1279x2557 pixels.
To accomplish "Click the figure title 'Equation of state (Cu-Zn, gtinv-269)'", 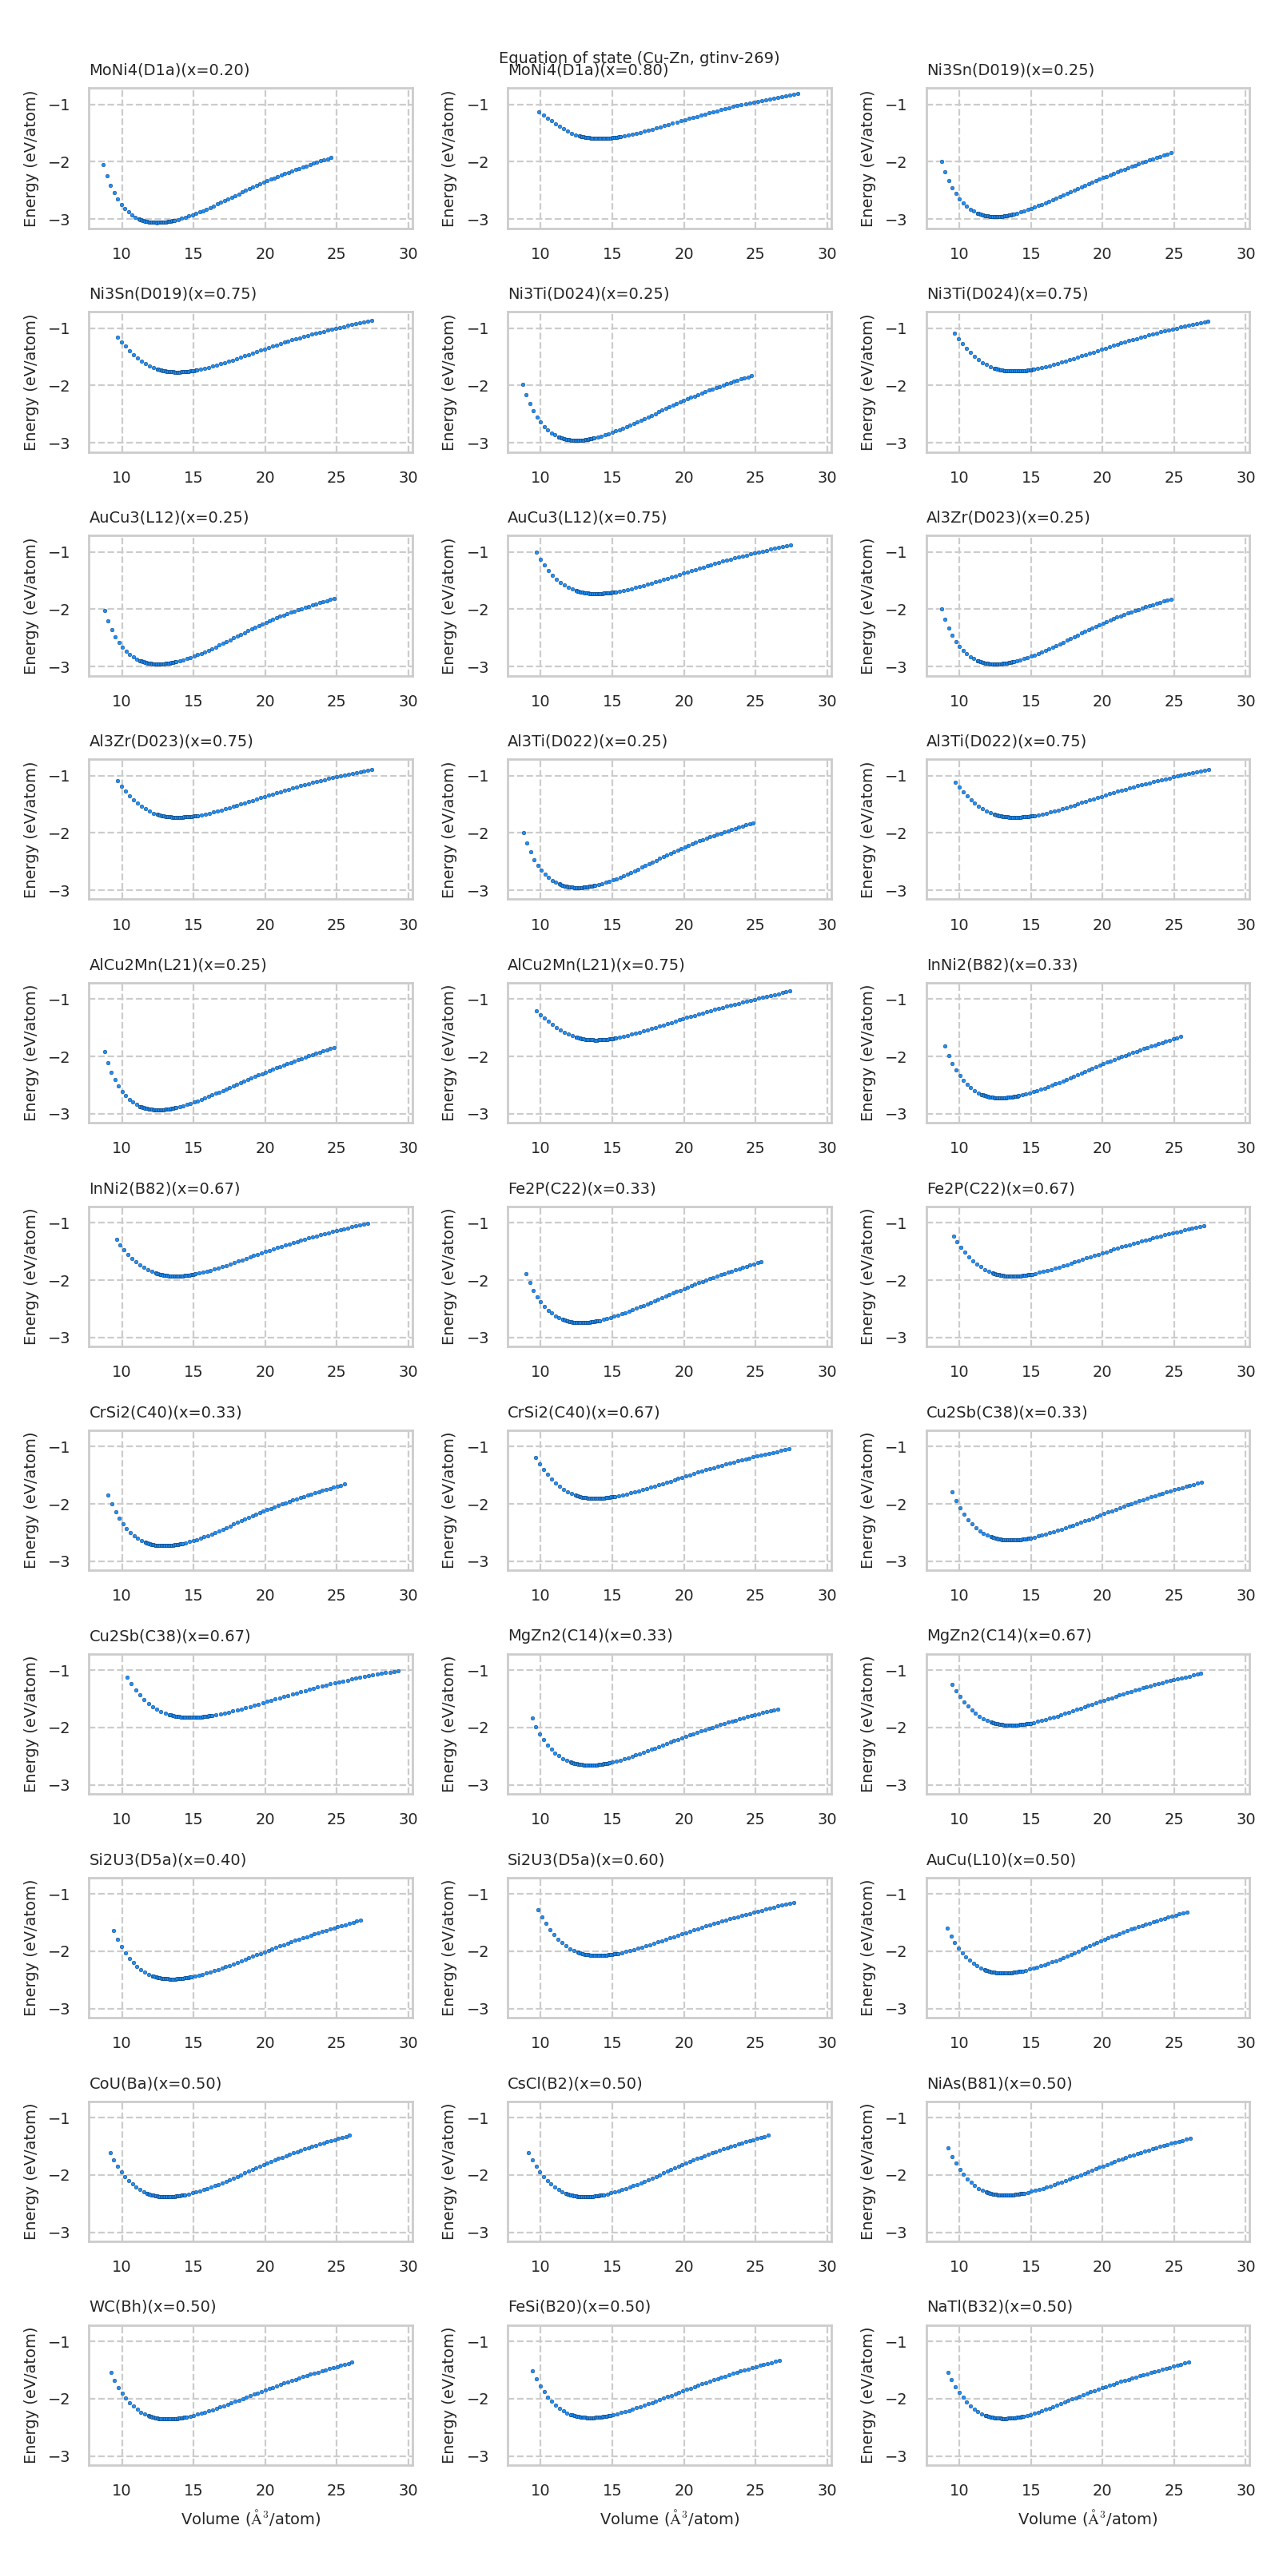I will point(639,58).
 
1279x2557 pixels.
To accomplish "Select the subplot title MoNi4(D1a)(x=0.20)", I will point(169,70).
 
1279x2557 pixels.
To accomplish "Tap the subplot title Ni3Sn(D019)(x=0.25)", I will point(1010,70).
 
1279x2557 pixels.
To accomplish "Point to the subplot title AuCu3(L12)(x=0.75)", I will point(587,517).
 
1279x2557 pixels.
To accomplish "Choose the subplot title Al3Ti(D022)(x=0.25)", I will point(587,741).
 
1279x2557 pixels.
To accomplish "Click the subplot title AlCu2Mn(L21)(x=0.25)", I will point(177,964).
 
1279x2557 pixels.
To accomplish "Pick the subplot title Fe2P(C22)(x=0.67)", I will point(1000,1188).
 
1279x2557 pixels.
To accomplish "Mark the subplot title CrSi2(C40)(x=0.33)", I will point(165,1411).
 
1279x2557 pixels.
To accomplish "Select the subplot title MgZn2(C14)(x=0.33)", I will point(590,1635).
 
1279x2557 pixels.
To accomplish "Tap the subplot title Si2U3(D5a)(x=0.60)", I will point(586,1859).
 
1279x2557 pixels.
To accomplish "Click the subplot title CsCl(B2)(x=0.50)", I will point(575,2082).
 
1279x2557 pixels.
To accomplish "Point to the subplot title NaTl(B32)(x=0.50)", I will point(999,2306).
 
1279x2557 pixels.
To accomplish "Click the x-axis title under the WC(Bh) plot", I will point(250,2519).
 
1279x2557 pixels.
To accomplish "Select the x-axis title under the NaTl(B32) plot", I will point(1087,2519).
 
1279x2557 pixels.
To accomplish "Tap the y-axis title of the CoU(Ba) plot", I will point(30,2171).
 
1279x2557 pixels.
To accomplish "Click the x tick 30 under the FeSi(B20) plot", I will point(827,2490).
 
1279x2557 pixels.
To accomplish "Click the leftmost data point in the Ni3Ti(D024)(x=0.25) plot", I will point(522,384).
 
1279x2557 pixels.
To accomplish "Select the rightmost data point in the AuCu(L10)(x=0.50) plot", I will point(1186,1912).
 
